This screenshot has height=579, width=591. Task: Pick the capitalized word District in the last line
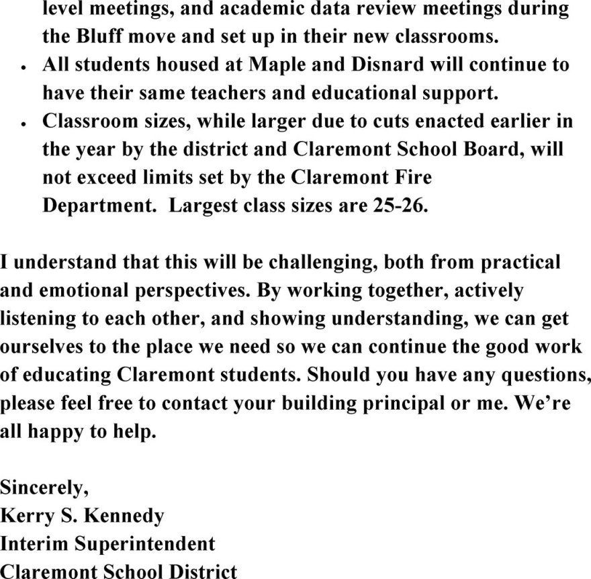tap(196, 572)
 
